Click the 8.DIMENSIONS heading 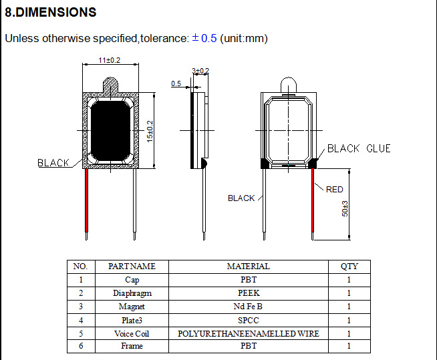point(51,12)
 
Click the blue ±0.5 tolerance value point(204,38)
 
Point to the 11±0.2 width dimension point(110,60)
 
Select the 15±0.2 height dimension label point(150,130)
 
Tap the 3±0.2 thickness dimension point(200,71)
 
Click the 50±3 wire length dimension point(345,208)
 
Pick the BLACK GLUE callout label point(358,148)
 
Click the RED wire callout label point(334,190)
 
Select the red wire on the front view point(87,200)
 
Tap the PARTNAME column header point(132,266)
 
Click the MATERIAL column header point(248,266)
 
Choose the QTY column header point(349,266)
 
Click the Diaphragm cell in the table point(132,293)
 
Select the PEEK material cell point(248,293)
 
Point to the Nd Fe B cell point(248,307)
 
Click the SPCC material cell point(248,320)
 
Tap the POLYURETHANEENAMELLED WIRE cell point(248,333)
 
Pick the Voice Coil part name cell point(132,333)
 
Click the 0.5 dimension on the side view point(176,83)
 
